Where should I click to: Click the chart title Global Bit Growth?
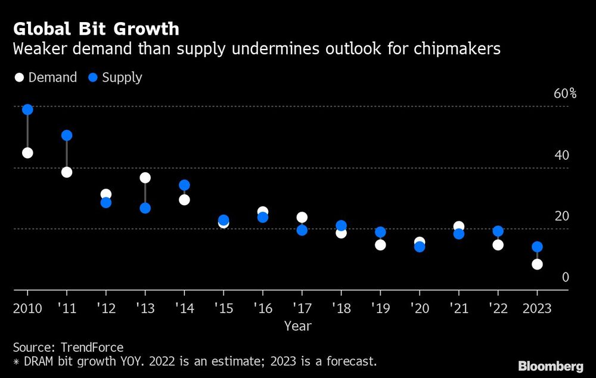96,29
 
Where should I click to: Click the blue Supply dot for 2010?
27,110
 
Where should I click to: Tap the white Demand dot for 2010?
27,153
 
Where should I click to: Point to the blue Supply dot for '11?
67,135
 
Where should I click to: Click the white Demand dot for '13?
145,178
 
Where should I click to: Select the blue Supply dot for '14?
184,185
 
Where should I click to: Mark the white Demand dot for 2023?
537,264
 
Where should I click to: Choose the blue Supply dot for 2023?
537,247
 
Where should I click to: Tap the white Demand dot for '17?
302,218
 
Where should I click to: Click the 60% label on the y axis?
565,94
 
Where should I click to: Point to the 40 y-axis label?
561,155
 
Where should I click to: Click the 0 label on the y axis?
566,277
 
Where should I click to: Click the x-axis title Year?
297,326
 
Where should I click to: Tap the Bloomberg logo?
551,366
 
